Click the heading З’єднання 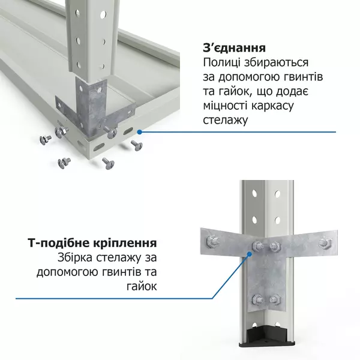[x=235, y=48]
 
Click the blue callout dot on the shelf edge [x=139, y=130]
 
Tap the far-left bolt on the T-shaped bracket [x=211, y=241]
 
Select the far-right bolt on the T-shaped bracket [x=325, y=242]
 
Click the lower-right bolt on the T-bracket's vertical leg [x=274, y=299]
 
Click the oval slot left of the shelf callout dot [x=127, y=131]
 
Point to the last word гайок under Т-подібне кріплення [x=143, y=287]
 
